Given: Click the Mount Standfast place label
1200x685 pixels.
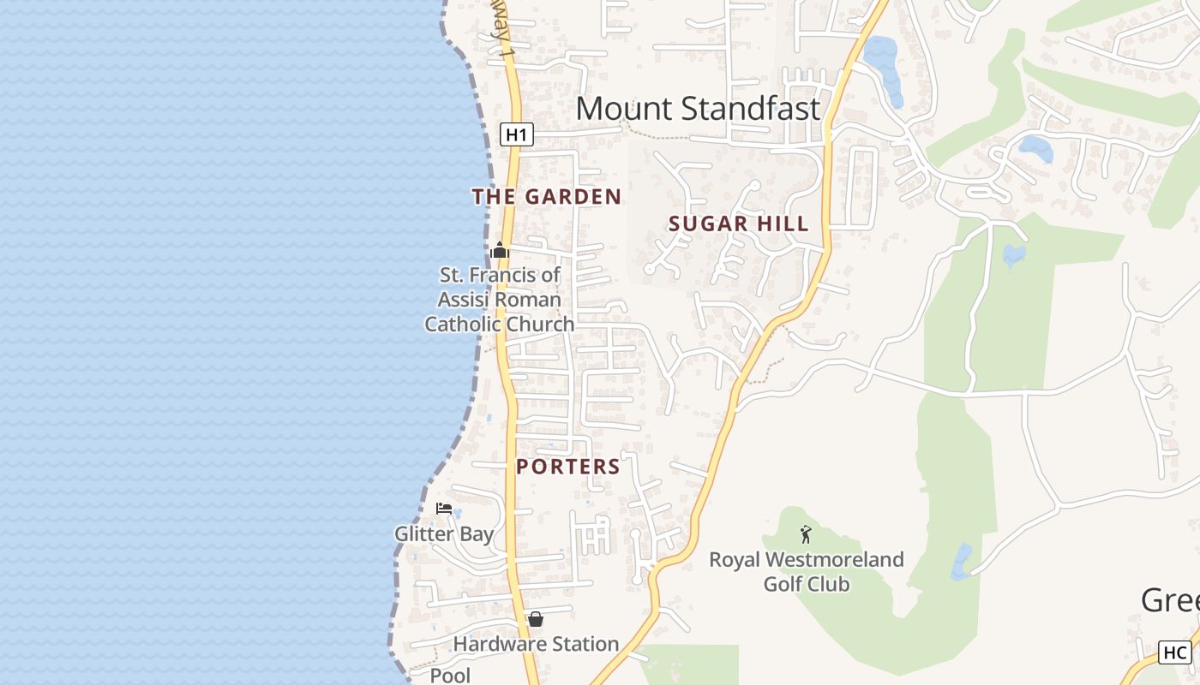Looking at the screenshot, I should tap(698, 109).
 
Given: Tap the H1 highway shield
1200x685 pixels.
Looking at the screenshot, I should tap(516, 134).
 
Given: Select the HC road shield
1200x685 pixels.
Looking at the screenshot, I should tap(1174, 652).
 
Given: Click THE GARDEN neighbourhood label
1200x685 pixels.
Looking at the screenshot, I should tap(547, 197).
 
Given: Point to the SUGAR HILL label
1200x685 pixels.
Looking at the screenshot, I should tap(738, 224).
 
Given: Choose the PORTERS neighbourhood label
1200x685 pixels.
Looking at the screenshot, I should tap(568, 467).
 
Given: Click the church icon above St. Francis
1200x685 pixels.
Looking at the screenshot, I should tap(500, 250).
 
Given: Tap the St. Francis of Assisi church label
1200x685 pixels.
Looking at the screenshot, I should tap(500, 300).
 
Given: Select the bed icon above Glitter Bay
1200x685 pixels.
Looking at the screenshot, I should tap(443, 509).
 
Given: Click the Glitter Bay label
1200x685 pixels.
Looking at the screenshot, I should tap(444, 534).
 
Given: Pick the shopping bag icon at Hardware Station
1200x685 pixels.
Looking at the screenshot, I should tap(536, 618).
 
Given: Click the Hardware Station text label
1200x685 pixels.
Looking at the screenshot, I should tap(536, 644).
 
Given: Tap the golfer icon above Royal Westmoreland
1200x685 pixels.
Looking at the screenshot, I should tap(806, 535).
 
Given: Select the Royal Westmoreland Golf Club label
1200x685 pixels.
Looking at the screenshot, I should tap(806, 572).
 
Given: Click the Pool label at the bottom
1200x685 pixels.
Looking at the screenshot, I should tap(450, 676).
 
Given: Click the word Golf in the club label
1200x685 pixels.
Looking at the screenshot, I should tap(783, 585).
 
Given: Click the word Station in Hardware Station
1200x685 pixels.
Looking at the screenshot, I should tap(583, 644).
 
